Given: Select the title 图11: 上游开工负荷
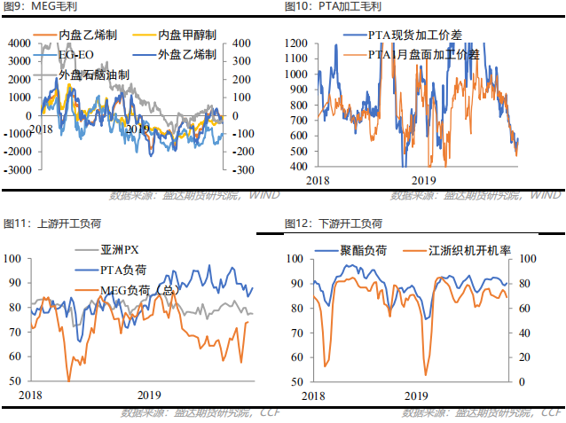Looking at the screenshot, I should click(x=39, y=222).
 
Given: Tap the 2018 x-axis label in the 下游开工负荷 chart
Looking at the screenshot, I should click(x=313, y=395).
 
